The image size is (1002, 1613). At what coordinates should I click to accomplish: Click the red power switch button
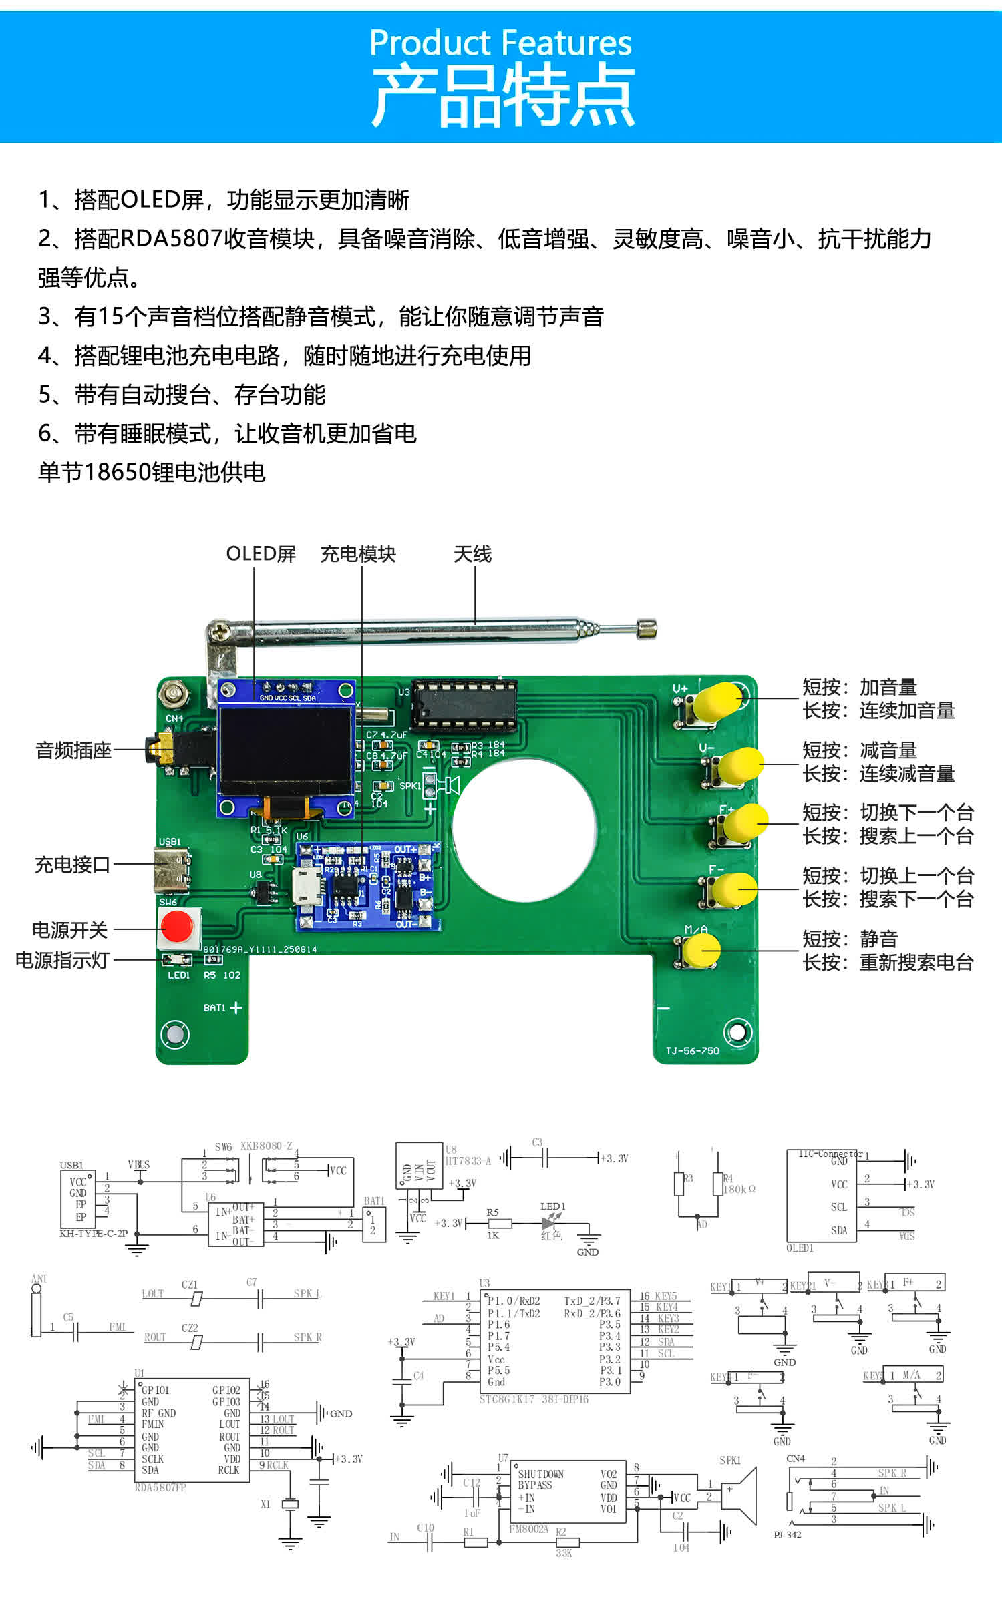(x=177, y=927)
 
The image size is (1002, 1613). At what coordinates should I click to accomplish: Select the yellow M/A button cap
(x=701, y=949)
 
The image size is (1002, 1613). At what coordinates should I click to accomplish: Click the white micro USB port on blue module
(x=306, y=886)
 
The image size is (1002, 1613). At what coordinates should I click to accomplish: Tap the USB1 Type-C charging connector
(x=170, y=870)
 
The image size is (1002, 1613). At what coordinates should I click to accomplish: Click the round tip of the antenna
(x=647, y=628)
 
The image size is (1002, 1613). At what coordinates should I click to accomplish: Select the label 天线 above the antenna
(x=472, y=554)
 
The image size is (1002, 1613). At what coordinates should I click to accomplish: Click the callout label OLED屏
(x=261, y=554)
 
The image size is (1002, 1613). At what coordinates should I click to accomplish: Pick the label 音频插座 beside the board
(x=73, y=750)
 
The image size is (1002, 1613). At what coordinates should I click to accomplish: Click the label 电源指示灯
(x=62, y=960)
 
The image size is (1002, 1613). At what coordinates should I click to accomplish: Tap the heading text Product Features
(x=500, y=43)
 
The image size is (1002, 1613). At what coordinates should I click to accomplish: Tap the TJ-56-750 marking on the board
(x=692, y=1050)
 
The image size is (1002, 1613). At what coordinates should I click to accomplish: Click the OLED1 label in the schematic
(x=800, y=1248)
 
